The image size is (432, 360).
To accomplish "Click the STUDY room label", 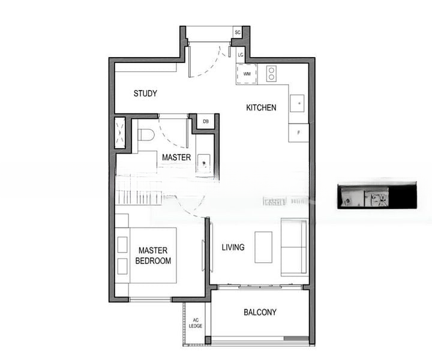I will [145, 94].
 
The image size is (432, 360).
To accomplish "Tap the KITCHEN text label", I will [262, 108].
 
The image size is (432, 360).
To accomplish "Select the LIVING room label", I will [233, 247].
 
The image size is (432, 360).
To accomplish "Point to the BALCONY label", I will [260, 313].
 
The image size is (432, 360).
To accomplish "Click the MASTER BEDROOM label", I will [153, 256].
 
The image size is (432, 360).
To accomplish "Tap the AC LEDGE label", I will [196, 323].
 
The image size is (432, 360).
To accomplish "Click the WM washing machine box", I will [247, 74].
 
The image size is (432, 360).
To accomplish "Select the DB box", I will [206, 122].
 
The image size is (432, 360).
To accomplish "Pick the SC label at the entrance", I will [238, 32].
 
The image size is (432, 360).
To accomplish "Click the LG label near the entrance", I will [240, 55].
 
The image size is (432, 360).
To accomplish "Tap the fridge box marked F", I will [298, 133].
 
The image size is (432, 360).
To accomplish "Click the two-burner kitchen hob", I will [271, 73].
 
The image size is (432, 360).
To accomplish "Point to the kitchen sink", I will [298, 103].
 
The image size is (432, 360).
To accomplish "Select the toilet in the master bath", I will [146, 134].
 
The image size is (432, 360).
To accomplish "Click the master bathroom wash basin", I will [204, 162].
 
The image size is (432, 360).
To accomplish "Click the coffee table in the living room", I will [263, 247].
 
